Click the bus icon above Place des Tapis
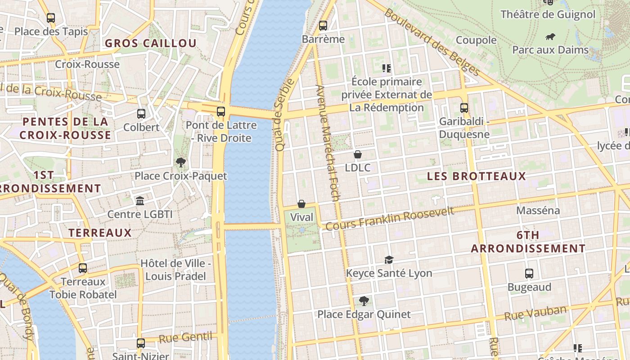(51, 18)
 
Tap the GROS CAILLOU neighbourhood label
(151, 44)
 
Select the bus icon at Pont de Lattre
(220, 112)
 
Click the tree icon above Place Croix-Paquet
(181, 162)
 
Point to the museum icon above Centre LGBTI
(140, 201)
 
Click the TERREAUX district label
(100, 233)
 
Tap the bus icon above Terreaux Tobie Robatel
(83, 268)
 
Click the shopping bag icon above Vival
(301, 204)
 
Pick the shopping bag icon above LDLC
(358, 154)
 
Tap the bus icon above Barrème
(323, 26)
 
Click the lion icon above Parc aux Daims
(550, 36)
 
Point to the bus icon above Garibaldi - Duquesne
(464, 108)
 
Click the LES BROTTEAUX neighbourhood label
(476, 176)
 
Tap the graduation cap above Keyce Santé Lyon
(389, 260)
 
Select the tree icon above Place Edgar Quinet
(364, 301)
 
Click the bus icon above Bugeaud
(529, 273)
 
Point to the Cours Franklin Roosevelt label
(390, 219)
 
